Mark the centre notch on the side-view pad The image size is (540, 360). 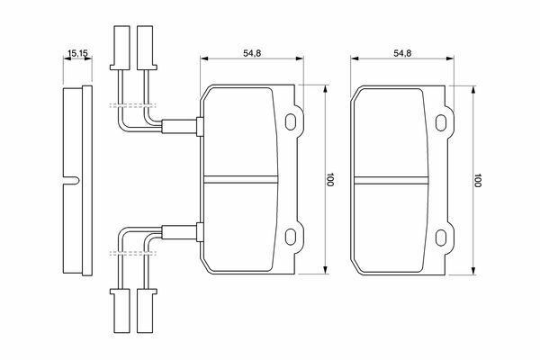pyautogui.click(x=69, y=177)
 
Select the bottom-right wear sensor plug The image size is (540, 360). pyautogui.click(x=144, y=308)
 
